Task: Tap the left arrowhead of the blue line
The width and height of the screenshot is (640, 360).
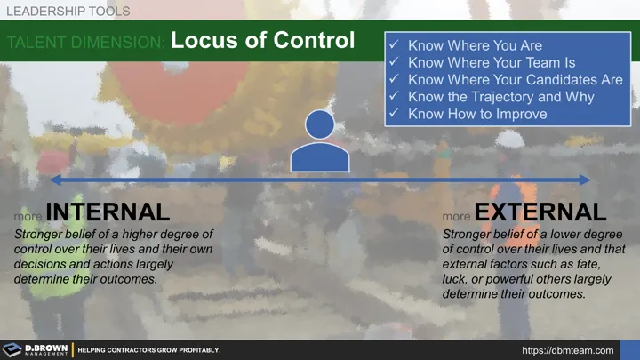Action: point(56,180)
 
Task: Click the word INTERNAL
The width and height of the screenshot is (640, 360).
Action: point(107,212)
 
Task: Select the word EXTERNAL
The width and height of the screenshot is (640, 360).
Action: point(540,212)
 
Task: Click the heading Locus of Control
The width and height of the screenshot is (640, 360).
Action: point(262,41)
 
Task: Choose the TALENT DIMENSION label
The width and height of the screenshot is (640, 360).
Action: point(85,43)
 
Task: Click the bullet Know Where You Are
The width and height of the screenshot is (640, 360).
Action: point(475,45)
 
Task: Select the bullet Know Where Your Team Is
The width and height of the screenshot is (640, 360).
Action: point(492,63)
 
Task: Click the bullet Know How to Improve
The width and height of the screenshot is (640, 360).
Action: point(477,114)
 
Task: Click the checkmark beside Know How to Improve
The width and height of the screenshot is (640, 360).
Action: point(396,114)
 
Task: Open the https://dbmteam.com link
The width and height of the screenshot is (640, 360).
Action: point(568,350)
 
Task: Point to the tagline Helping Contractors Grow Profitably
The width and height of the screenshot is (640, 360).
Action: point(148,350)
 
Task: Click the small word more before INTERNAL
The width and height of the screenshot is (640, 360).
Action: point(27,216)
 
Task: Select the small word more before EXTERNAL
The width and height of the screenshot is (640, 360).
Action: point(456,216)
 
